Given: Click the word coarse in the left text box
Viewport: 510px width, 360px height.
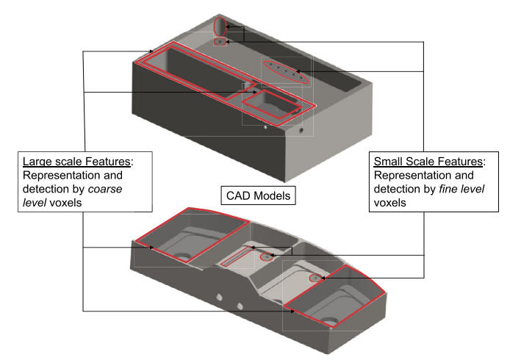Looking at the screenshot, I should point(107,191).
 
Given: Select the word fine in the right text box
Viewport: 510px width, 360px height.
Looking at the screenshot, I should point(454,191).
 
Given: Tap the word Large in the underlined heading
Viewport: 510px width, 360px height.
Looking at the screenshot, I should point(39,161).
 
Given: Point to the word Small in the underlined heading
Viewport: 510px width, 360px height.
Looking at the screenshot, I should point(390,161).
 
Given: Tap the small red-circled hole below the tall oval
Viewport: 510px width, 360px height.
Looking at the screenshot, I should point(219,43).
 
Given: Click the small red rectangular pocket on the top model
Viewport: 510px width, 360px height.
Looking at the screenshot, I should point(272,104).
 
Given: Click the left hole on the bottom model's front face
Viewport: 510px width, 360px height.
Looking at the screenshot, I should point(219,298).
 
